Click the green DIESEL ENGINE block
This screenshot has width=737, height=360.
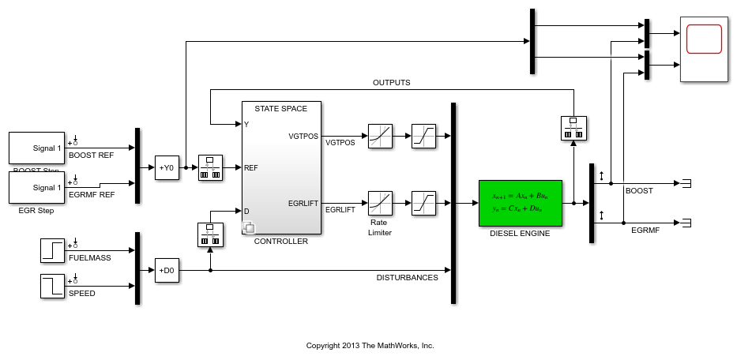tap(520, 203)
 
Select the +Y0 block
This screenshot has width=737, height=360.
tap(167, 167)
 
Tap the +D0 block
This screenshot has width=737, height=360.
tap(167, 270)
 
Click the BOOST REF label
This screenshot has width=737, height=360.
tap(92, 156)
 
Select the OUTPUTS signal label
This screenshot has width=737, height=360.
tap(391, 83)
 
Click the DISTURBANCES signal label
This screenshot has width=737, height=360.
tap(407, 277)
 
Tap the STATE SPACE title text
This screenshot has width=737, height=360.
tap(281, 108)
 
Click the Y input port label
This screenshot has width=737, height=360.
tap(246, 124)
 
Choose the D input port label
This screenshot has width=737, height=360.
tap(246, 211)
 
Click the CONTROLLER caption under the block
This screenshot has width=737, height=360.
tap(281, 242)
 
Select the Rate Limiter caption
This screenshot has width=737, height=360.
tap(380, 227)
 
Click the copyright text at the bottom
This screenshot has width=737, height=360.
tap(370, 346)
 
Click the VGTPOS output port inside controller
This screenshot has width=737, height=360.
tap(303, 136)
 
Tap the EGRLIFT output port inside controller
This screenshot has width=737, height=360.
tap(303, 203)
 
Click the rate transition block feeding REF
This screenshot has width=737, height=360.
tap(210, 167)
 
